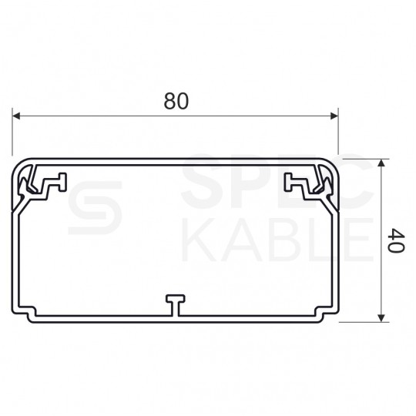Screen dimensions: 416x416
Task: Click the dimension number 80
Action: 176,101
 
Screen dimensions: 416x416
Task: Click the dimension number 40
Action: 396,240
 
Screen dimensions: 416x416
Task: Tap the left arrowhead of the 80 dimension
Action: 16,116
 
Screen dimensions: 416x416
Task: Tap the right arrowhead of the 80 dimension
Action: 334,116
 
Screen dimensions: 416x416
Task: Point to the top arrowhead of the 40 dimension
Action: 381,163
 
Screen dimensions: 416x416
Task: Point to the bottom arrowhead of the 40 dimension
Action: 381,318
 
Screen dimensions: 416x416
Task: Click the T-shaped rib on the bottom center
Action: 176,305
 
